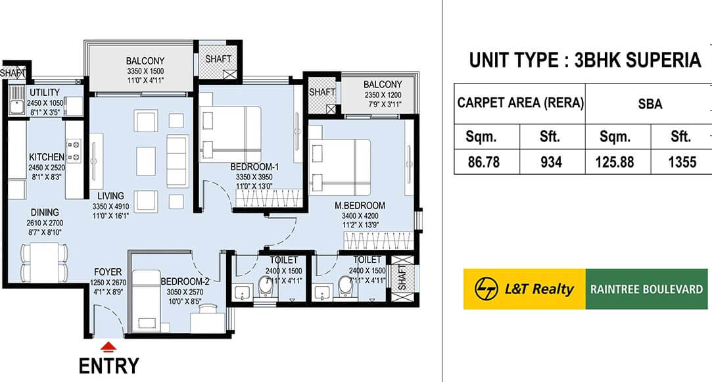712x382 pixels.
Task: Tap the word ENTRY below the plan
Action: [x=109, y=366]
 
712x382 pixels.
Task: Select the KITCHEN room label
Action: [x=46, y=157]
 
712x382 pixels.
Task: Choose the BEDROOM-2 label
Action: [x=185, y=282]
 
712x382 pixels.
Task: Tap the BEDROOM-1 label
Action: [x=254, y=167]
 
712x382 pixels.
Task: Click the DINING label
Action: [x=43, y=212]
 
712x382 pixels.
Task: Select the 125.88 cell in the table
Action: [x=617, y=161]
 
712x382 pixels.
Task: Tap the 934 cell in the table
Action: [x=550, y=161]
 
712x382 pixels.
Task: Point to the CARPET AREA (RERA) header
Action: [x=519, y=103]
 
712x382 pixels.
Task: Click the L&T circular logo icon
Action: [x=488, y=289]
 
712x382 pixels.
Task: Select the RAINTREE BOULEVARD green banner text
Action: [x=647, y=289]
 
